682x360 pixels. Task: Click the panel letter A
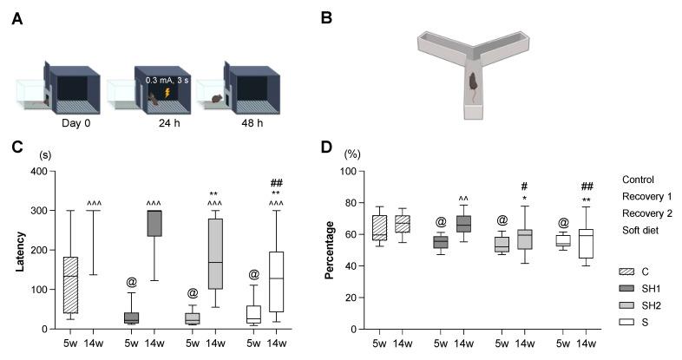[16, 18]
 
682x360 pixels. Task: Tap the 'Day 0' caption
[77, 123]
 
